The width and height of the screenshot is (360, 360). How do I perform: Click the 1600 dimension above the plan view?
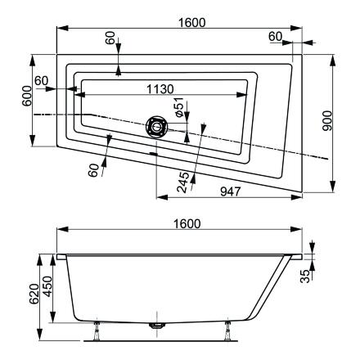tap(191, 23)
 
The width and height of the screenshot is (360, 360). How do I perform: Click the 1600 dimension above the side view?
tap(187, 224)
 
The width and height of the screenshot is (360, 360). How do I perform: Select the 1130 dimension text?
tap(160, 89)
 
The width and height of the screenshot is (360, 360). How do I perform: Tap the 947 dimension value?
tap(231, 191)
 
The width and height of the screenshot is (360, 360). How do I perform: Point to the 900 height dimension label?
tap(327, 121)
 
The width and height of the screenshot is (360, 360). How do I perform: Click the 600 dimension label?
tap(27, 96)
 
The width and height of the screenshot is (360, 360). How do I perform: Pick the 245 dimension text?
tap(182, 182)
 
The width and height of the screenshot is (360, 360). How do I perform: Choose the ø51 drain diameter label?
tap(178, 107)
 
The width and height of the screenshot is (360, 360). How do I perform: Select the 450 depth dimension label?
tap(47, 286)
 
